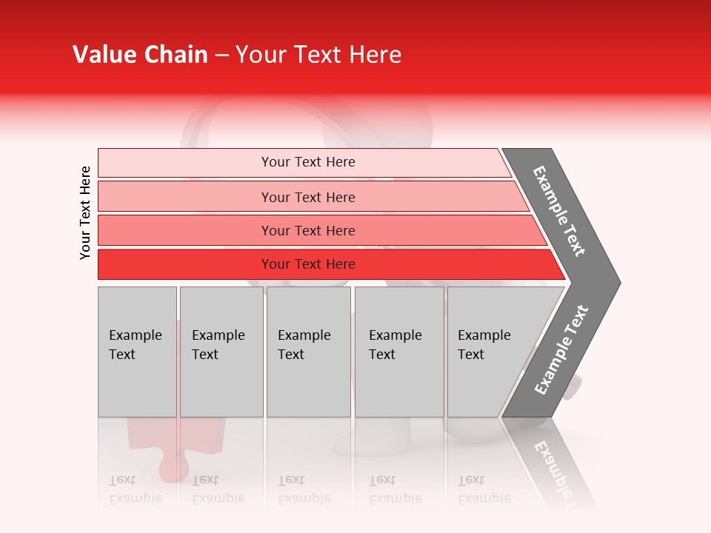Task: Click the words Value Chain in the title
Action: click(x=140, y=55)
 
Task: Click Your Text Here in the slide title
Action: click(x=318, y=55)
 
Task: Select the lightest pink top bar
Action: click(x=185, y=162)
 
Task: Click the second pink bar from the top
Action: click(x=185, y=197)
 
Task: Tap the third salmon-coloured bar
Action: click(x=185, y=230)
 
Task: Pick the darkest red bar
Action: click(x=185, y=264)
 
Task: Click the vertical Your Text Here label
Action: click(x=85, y=212)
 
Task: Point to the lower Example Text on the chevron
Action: click(x=561, y=350)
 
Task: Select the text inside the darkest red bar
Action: click(x=308, y=264)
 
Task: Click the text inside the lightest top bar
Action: click(x=308, y=162)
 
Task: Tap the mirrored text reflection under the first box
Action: click(x=135, y=489)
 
